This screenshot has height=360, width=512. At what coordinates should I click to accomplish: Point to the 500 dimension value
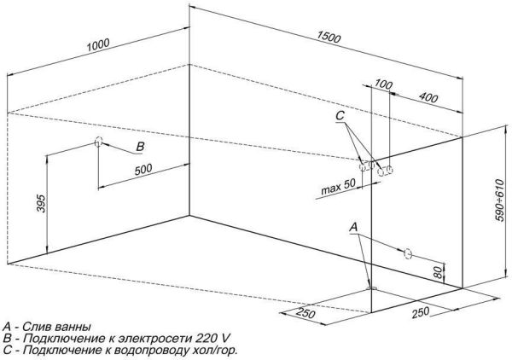coord(143,168)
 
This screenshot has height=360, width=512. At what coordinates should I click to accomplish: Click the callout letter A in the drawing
coord(353,226)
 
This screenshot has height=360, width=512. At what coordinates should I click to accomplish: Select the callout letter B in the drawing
coord(139,148)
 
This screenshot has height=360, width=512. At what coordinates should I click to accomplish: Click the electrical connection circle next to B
coord(100,142)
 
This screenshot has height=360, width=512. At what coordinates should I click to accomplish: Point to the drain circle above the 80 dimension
coord(408,253)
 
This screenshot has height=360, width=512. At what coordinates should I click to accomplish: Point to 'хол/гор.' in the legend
coord(212,350)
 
